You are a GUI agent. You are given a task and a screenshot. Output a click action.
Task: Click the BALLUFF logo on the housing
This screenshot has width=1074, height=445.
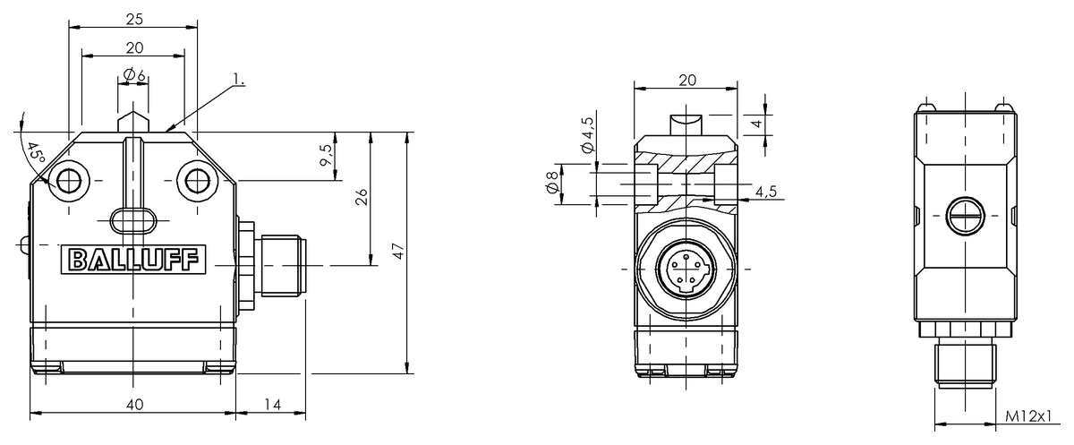(x=133, y=261)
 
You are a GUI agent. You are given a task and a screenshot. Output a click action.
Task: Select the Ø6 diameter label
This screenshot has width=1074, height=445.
(x=134, y=75)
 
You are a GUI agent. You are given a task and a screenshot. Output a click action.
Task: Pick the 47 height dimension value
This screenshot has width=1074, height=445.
(x=399, y=251)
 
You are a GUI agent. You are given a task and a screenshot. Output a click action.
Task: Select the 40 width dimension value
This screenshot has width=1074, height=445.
(x=133, y=405)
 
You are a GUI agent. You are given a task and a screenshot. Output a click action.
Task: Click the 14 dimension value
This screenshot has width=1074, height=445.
(x=272, y=405)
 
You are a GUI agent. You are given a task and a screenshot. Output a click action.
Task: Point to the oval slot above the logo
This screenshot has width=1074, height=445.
(x=132, y=218)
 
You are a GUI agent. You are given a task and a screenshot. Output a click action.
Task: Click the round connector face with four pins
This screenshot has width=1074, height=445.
(x=685, y=268)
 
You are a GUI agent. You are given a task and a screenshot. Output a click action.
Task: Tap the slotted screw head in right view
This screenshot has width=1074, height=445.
(x=964, y=214)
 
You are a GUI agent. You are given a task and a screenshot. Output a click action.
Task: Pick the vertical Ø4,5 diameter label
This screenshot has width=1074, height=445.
(x=588, y=134)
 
